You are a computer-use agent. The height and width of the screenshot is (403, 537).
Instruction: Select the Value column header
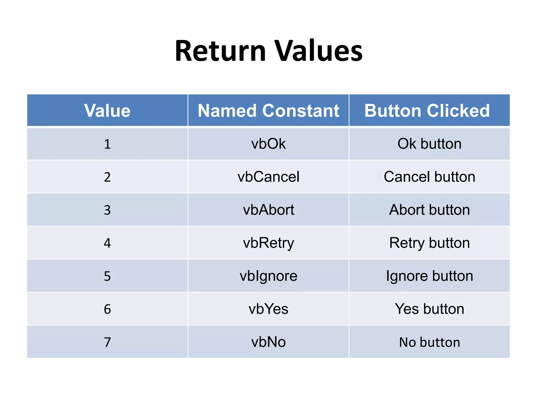coord(107,110)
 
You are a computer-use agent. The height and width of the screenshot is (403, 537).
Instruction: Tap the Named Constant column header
coord(268,110)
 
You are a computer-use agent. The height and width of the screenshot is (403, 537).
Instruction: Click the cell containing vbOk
coord(268,144)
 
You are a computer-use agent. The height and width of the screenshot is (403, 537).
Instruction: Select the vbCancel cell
coord(268,177)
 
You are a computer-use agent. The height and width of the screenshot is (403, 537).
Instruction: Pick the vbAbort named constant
coord(268,210)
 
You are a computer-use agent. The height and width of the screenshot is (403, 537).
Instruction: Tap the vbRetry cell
coord(268,243)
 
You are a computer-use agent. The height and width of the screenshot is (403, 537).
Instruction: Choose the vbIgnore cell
coord(268,276)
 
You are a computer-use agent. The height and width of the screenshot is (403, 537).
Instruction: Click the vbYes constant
coord(268,309)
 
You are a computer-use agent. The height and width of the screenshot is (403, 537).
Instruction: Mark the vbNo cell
coord(268,342)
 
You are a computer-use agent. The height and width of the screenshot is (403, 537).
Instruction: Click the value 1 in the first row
coord(107,144)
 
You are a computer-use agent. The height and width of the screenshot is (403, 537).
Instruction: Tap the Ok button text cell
coord(429,144)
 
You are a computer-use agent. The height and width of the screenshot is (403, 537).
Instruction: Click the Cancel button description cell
coord(429,177)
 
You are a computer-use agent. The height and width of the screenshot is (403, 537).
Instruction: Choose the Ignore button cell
coord(429,276)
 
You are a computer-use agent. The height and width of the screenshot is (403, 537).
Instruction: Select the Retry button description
coord(429,243)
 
